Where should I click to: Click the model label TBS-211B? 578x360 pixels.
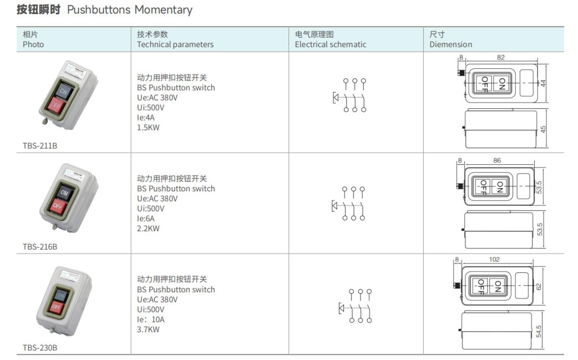[40, 146]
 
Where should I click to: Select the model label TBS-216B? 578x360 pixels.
[40, 247]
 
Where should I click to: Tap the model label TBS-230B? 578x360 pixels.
[40, 348]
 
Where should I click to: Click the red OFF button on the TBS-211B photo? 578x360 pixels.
[56, 106]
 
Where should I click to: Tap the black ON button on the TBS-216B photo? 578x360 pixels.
[64, 192]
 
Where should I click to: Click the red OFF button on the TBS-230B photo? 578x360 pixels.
[57, 307]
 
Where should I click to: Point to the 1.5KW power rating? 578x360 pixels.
[148, 128]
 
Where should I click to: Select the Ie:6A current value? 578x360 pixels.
[145, 219]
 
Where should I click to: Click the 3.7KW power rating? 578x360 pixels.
[148, 329]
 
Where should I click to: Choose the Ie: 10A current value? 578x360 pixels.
[151, 320]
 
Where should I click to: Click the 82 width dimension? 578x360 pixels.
[500, 58]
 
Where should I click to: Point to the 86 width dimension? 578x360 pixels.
[497, 161]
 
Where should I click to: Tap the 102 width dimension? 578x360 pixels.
[494, 260]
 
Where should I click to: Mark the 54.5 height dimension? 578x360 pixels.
[539, 331]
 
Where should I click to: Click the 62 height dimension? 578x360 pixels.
[539, 286]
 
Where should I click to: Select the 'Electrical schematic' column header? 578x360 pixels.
[331, 44]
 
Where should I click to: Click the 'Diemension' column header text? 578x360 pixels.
[451, 44]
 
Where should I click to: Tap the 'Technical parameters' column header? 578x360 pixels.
[175, 44]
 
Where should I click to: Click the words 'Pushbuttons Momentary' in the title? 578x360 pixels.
[130, 10]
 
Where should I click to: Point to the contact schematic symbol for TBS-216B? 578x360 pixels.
[349, 204]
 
